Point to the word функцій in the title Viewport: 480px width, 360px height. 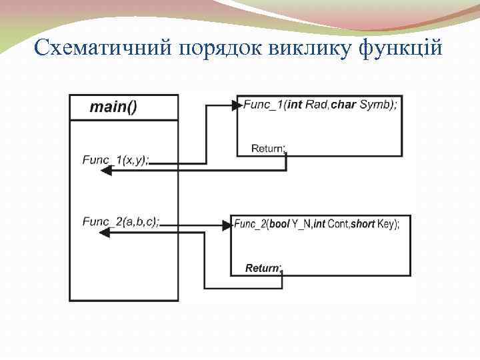(403, 47)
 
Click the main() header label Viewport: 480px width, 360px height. (113, 107)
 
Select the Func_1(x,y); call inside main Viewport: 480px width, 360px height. (117, 159)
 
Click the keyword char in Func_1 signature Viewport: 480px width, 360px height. (343, 105)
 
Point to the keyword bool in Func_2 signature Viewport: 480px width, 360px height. (279, 225)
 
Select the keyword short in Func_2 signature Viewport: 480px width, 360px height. (363, 225)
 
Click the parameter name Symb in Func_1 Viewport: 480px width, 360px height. (375, 105)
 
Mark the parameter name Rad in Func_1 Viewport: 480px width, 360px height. (316, 105)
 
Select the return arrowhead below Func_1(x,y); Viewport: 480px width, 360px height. (105, 171)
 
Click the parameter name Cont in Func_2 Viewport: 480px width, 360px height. (338, 225)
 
